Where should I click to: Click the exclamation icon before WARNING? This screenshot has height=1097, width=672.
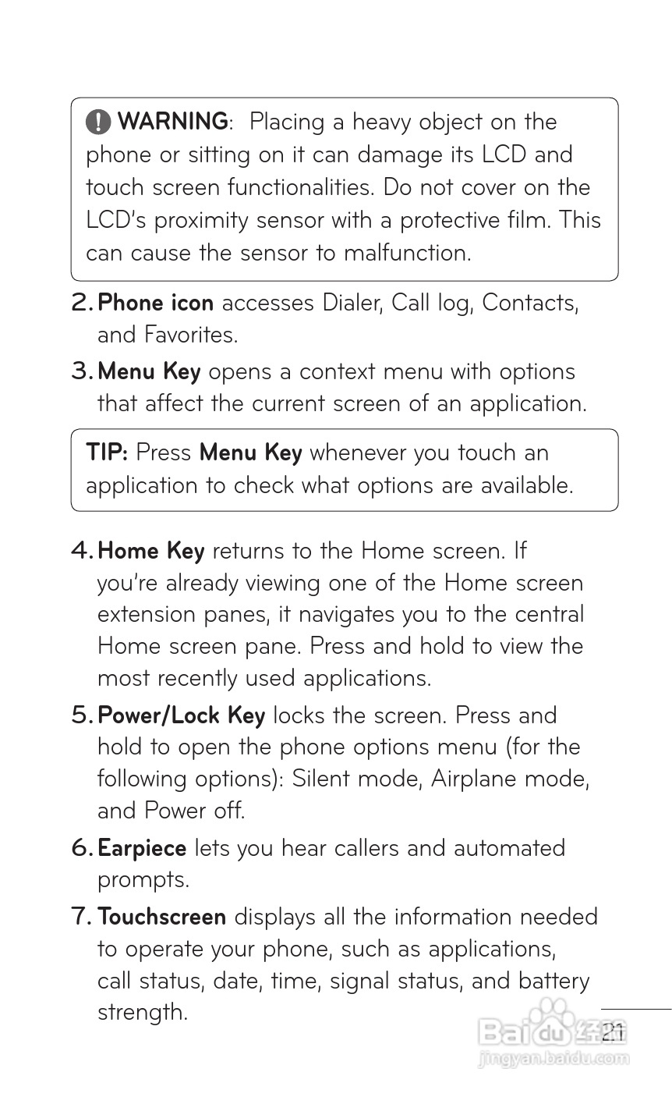98,122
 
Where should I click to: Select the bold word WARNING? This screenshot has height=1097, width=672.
173,122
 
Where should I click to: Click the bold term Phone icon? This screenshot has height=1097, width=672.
155,303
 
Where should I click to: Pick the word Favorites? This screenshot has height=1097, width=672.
190,335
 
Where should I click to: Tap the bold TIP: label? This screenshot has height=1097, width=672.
107,453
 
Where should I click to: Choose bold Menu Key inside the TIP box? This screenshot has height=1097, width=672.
250,453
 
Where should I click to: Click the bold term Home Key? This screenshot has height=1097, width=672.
150,551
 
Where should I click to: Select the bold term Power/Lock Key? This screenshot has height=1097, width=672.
181,715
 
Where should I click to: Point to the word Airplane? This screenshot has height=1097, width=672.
473,779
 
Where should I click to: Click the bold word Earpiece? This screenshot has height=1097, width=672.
142,848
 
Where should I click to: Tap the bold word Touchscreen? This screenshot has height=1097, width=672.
162,917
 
